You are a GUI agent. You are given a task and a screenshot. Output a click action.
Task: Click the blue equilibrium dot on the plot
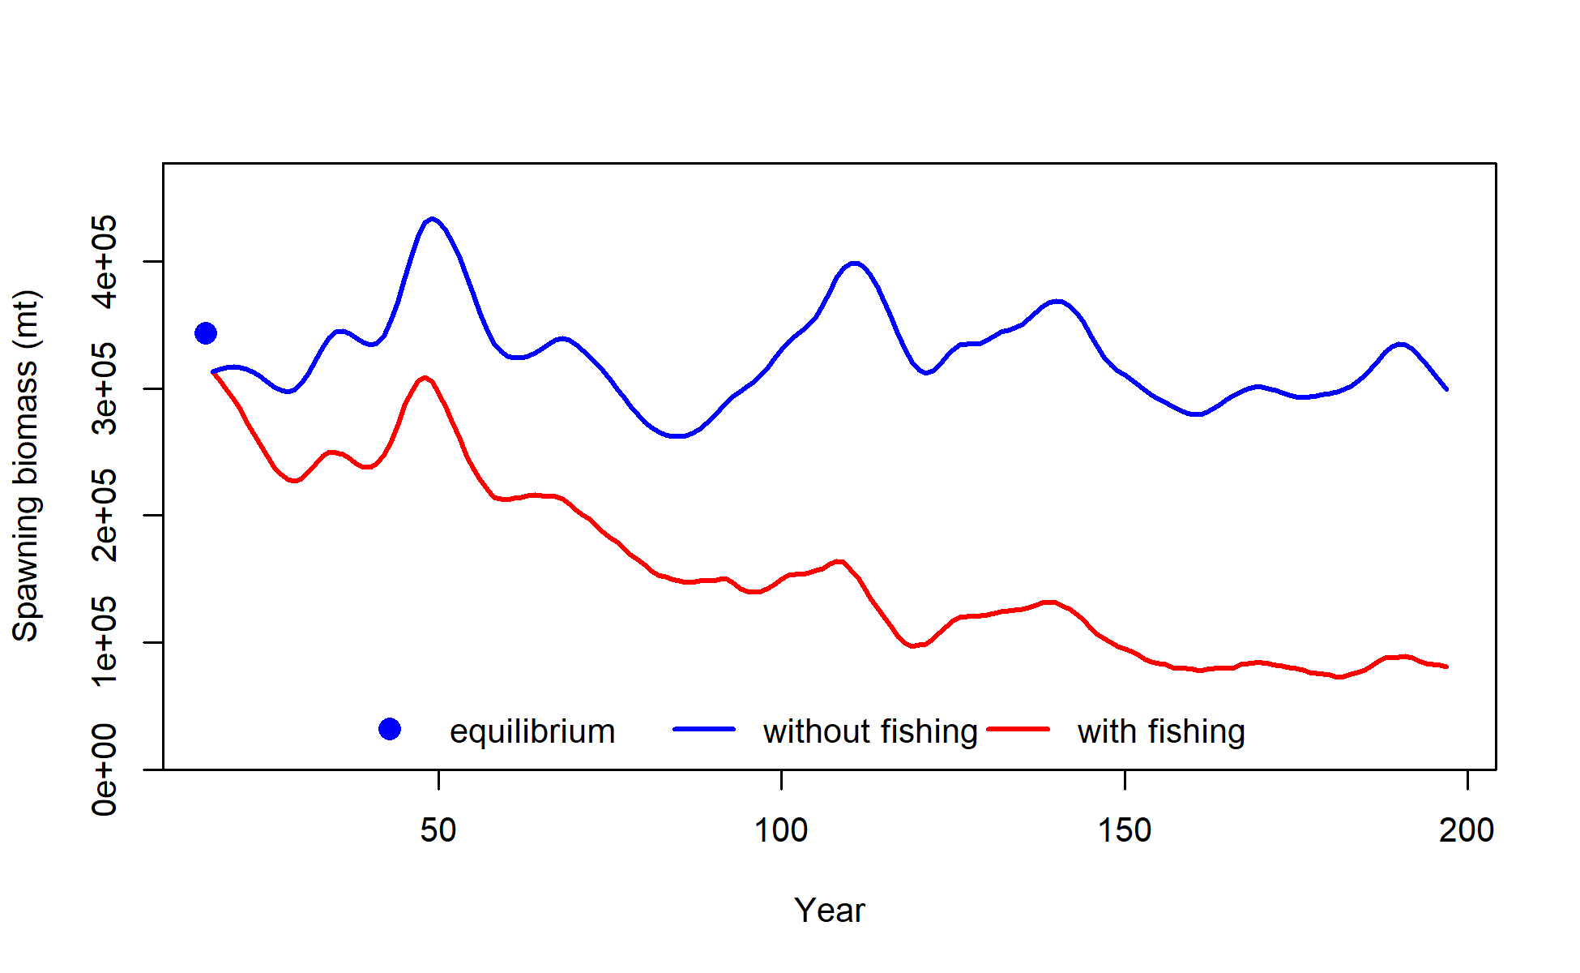pos(206,333)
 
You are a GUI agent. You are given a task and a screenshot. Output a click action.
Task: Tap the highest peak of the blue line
pos(433,219)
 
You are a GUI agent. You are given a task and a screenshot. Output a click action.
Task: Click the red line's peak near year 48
pos(425,378)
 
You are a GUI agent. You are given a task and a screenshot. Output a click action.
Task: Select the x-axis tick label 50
pos(438,830)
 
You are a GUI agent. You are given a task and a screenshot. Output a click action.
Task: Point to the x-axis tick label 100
pos(781,830)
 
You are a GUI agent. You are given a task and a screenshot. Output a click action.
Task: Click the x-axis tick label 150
pos(1125,830)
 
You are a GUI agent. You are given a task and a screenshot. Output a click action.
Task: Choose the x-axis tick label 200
pos(1467,830)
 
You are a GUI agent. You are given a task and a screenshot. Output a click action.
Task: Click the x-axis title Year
pos(829,911)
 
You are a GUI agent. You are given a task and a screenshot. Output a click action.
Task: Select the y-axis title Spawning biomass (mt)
pos(26,466)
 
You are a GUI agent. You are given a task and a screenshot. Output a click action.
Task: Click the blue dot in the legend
pos(390,730)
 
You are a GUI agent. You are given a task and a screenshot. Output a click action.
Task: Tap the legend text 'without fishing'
pos(870,731)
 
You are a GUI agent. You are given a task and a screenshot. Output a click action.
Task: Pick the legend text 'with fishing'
pos(1161,731)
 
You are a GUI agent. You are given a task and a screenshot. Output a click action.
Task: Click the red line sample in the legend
pos(1018,730)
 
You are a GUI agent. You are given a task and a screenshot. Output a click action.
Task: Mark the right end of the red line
pos(1446,667)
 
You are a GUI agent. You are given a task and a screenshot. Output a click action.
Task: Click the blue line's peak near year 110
pos(855,264)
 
